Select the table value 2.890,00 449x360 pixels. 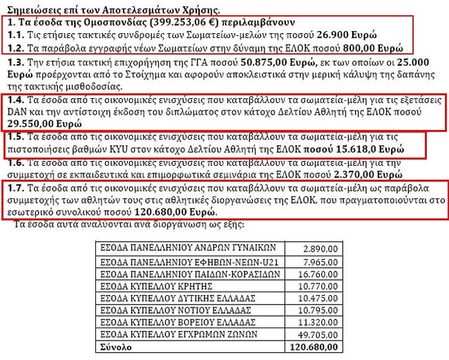tap(321, 247)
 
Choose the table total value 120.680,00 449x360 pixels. tap(317, 347)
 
